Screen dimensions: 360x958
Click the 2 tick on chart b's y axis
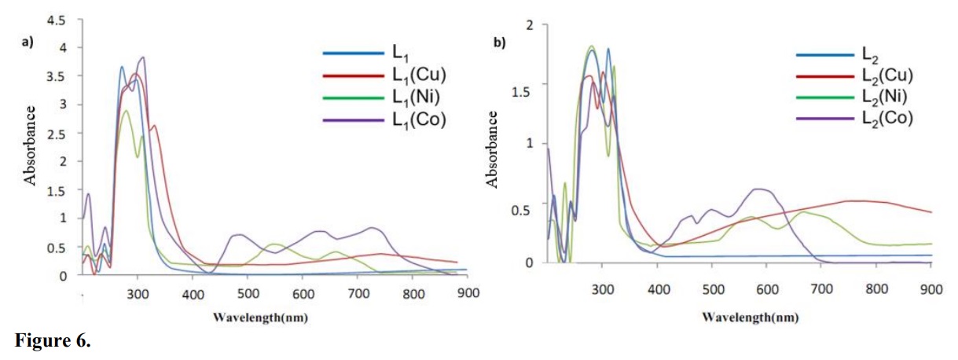[x=530, y=25]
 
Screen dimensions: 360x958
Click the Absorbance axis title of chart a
[x=31, y=145]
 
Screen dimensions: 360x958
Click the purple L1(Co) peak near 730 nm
[x=373, y=228]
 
